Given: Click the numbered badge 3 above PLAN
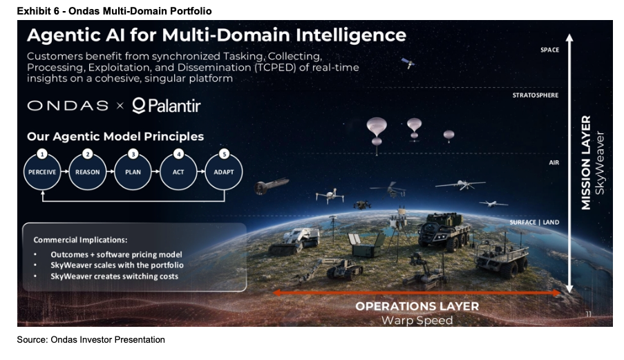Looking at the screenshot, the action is point(133,154).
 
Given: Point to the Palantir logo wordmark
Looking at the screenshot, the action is point(167,106).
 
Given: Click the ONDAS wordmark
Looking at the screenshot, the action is point(68,106).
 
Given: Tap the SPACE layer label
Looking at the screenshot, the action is point(549,50).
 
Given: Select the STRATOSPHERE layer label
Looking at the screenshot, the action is point(536,95).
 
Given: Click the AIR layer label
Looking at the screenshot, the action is point(554,162).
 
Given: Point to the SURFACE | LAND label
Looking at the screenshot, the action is point(534,222).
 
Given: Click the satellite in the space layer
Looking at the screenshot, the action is point(408,63).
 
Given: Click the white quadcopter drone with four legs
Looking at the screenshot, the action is point(330,196).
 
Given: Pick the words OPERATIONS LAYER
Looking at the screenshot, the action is point(417,306).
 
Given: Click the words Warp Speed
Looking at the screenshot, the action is point(417,320).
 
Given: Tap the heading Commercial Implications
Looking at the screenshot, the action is point(80,240).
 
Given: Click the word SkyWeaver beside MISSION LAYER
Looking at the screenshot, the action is point(599,162).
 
